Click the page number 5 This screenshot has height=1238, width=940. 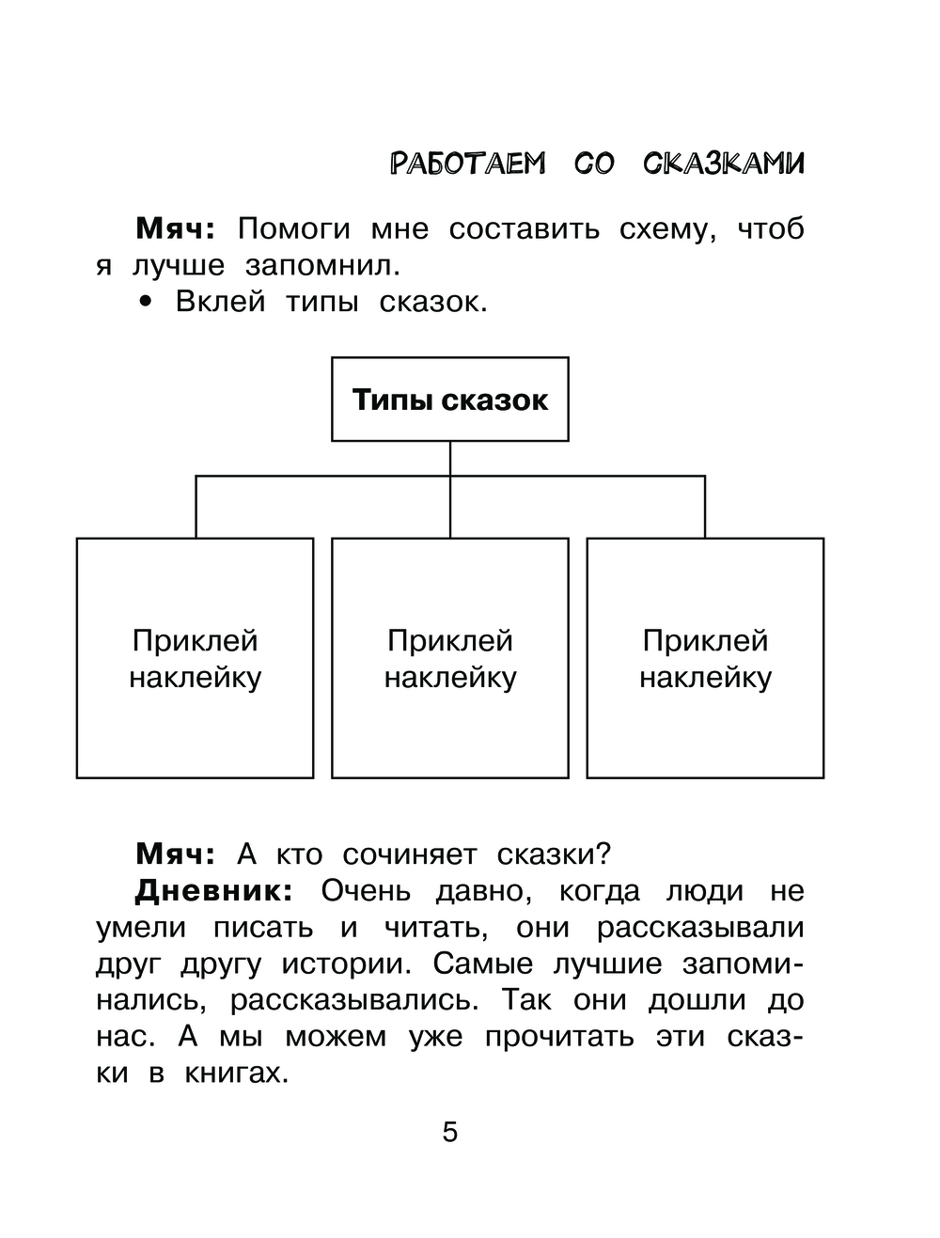[450, 1132]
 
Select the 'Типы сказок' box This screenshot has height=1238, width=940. [449, 400]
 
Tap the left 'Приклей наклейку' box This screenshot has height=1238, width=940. [195, 658]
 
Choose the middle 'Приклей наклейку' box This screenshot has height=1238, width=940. [450, 658]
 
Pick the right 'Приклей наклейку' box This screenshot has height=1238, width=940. [705, 658]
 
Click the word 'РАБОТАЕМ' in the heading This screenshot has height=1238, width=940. [467, 164]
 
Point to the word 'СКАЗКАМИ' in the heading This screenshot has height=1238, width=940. [724, 164]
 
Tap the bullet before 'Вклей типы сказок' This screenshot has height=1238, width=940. [144, 302]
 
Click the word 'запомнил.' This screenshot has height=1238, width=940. [322, 265]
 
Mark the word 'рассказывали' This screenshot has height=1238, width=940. [700, 927]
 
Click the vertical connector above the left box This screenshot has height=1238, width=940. [196, 508]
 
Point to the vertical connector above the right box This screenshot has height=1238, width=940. [705, 508]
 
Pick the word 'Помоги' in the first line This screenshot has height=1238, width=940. [294, 228]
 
